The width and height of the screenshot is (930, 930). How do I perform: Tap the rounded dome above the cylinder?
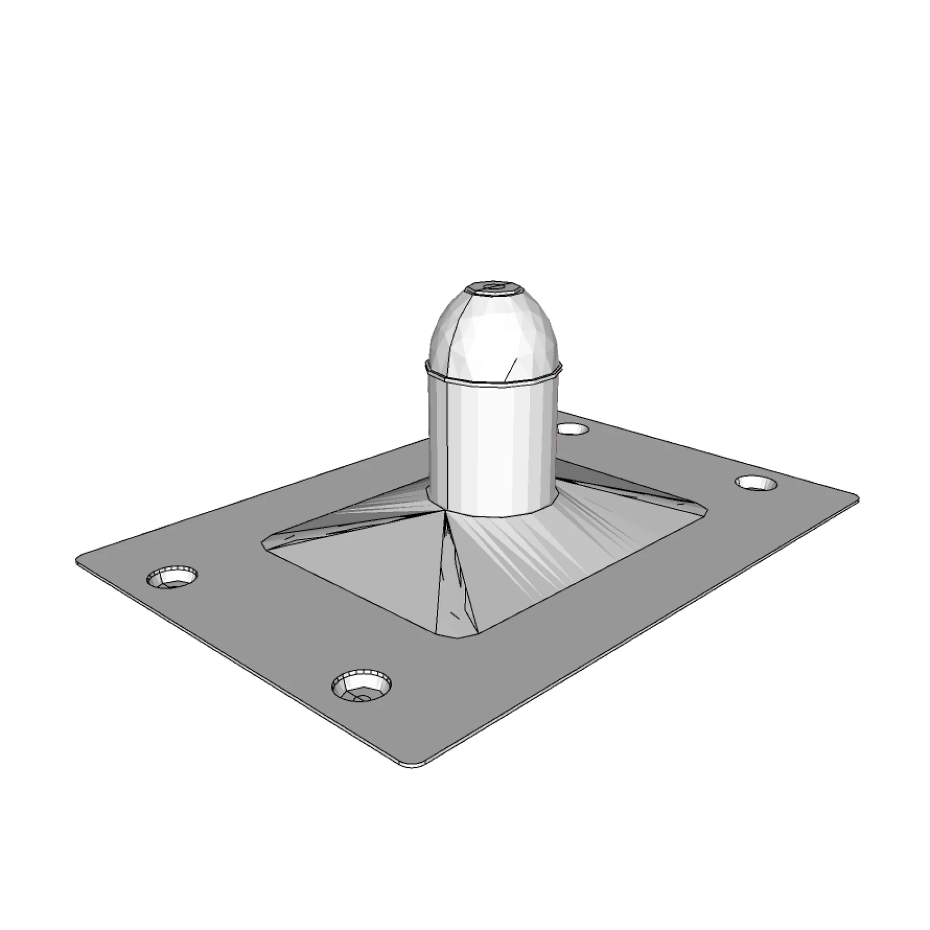click(493, 332)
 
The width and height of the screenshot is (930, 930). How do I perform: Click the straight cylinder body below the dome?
click(498, 443)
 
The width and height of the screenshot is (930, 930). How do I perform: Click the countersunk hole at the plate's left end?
click(172, 577)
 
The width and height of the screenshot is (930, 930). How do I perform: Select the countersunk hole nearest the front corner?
click(361, 686)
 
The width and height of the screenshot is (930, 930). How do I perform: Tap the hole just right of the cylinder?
click(572, 428)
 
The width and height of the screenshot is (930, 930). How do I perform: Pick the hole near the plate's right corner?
click(756, 483)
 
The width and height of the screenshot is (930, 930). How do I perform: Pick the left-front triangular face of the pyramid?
click(360, 570)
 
